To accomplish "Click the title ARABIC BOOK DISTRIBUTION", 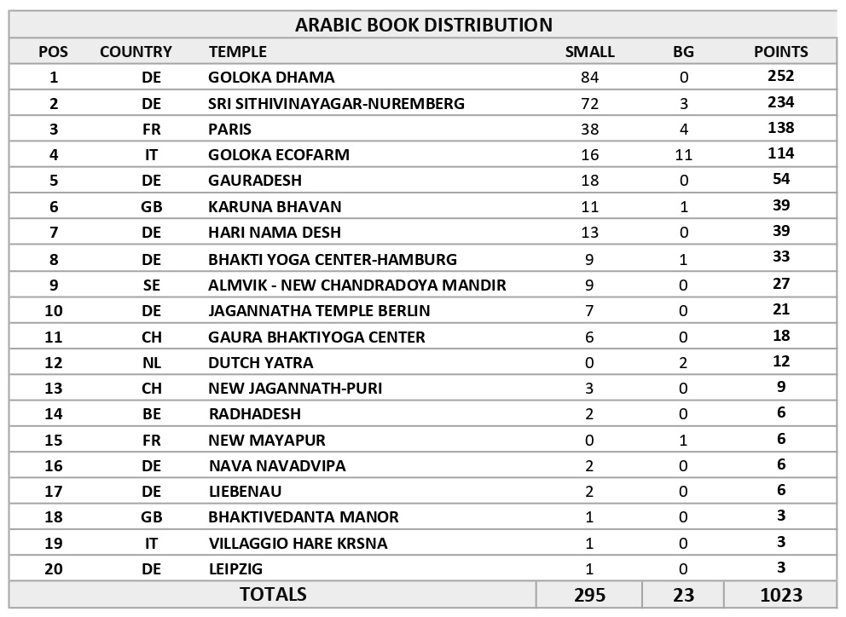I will (423, 25).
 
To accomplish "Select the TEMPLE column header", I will (237, 52).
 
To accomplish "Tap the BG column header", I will (683, 52).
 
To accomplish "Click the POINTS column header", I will (780, 52).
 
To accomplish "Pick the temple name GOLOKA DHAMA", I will (271, 78).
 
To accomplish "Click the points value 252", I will (780, 76).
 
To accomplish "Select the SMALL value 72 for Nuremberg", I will (589, 104).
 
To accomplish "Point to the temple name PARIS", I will (229, 130).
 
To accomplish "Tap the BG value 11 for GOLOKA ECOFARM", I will (683, 155).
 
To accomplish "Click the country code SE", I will (151, 285).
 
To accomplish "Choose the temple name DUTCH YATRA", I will (260, 363).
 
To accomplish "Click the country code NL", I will (151, 363).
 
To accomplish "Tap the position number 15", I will (54, 441).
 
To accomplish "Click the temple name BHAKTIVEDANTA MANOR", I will (303, 517).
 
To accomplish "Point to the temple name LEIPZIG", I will (235, 569).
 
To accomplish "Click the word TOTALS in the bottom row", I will (273, 594).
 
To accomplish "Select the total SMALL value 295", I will (589, 595).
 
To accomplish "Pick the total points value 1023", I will (780, 595).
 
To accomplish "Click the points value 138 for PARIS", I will (780, 128).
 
